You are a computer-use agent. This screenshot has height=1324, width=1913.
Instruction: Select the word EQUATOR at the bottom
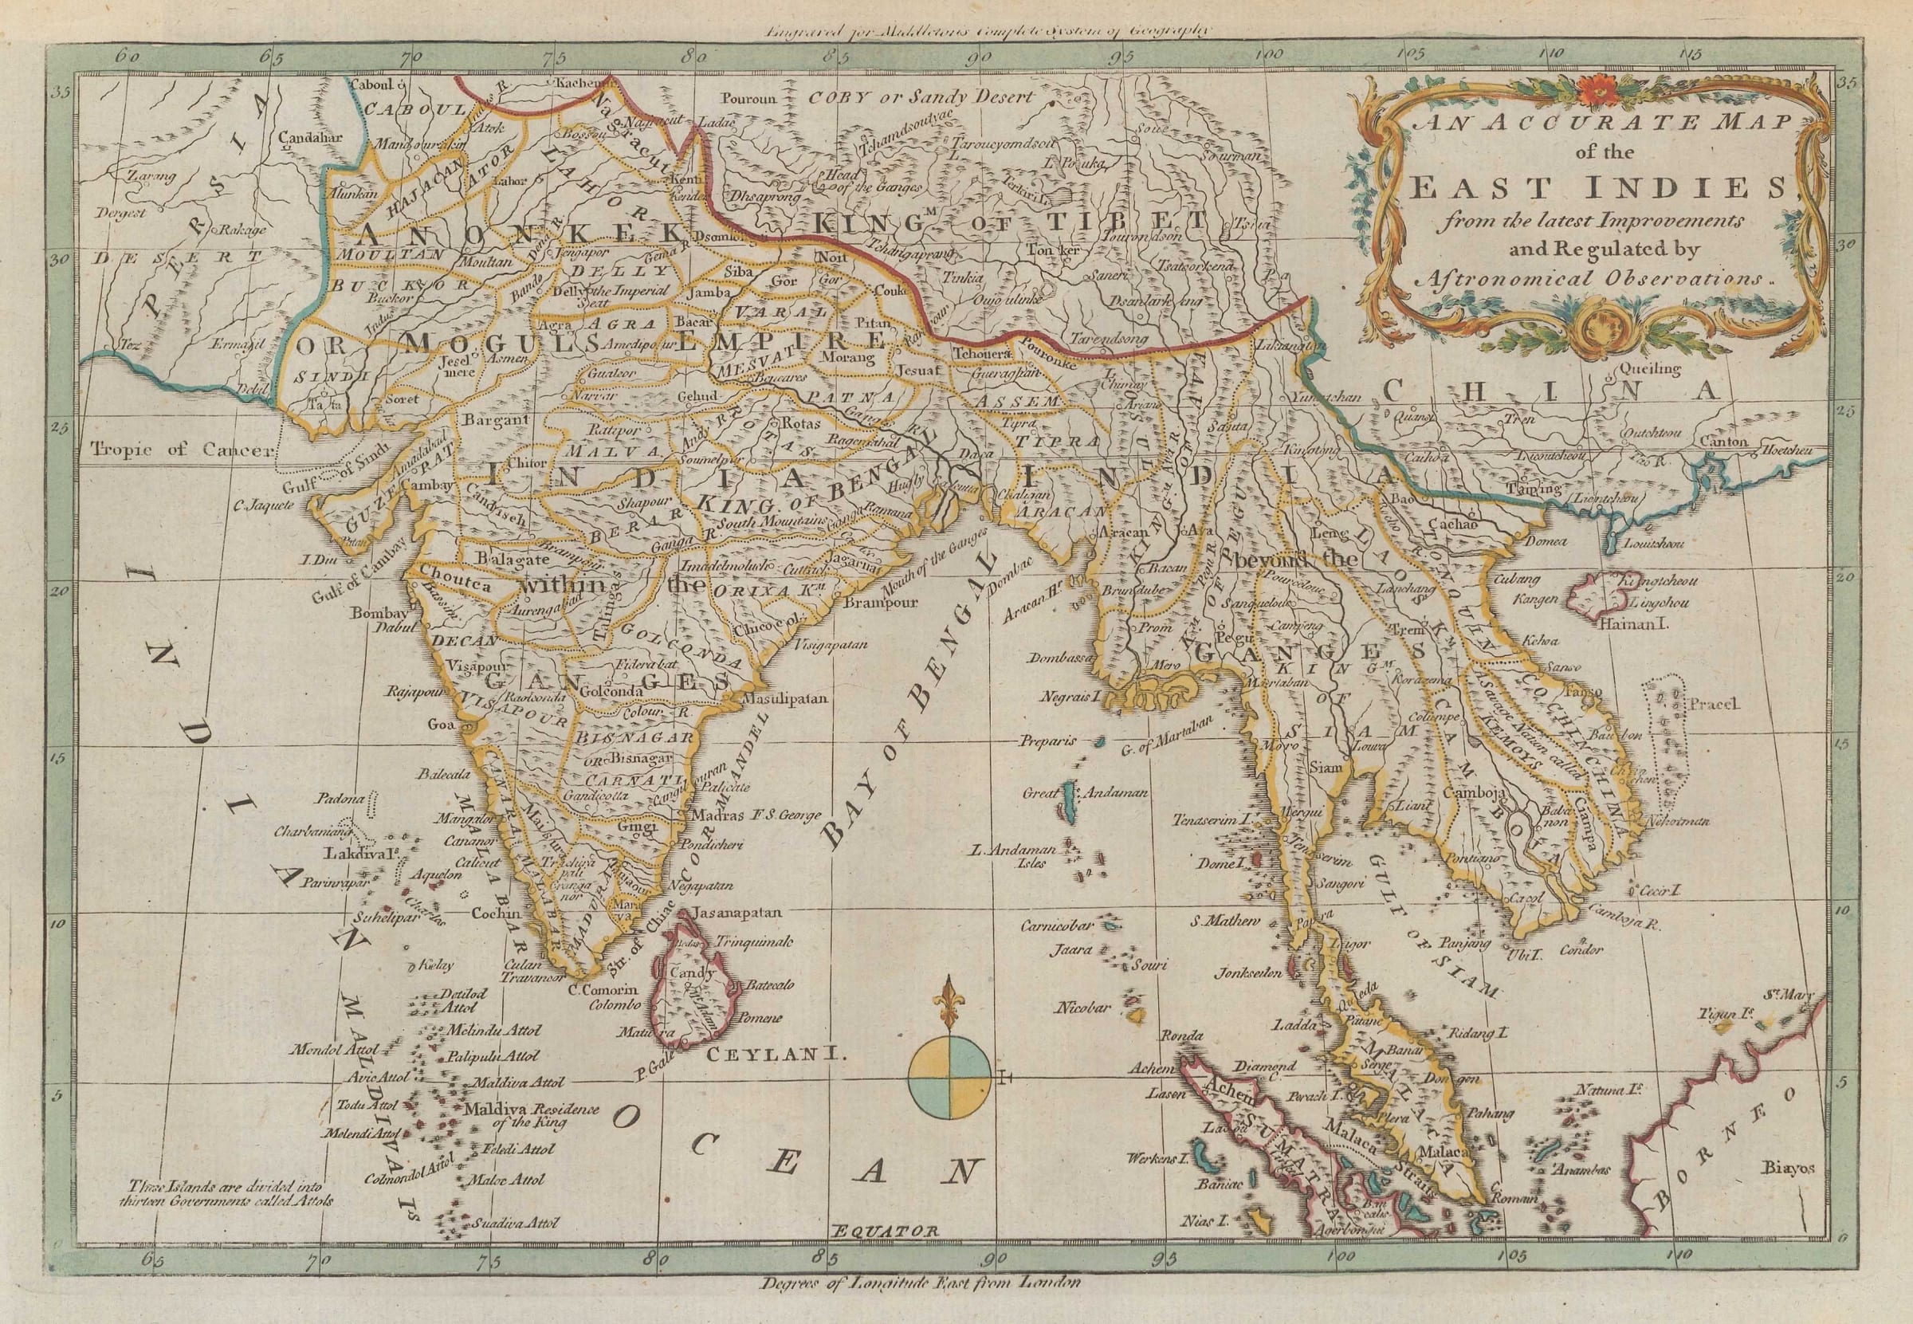pyautogui.click(x=885, y=1255)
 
